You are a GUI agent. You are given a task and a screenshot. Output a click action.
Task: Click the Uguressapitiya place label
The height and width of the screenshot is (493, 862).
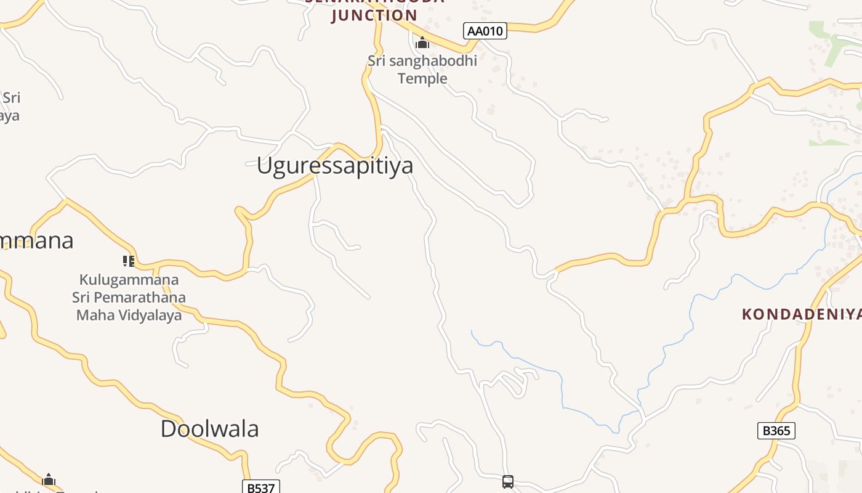coord(334,166)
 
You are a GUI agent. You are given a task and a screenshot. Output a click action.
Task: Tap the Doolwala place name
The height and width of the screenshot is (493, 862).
coord(209,429)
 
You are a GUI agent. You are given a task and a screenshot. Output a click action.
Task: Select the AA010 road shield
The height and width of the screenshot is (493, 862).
coord(485,31)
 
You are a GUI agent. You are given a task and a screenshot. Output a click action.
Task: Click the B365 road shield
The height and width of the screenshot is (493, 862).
coord(776,431)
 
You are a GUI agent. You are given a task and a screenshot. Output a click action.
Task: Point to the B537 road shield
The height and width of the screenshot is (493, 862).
coord(260,487)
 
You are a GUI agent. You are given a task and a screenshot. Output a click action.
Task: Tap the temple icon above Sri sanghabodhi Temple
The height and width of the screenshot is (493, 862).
coord(422,43)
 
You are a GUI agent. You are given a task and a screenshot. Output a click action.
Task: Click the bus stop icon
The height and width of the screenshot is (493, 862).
coord(508,481)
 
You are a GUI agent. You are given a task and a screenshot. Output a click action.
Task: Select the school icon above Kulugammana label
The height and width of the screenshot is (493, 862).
coord(128,261)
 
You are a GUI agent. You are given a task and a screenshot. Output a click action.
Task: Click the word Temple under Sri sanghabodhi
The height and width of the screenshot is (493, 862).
coord(422,78)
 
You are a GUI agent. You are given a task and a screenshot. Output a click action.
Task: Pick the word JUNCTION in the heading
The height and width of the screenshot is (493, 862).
coord(374,15)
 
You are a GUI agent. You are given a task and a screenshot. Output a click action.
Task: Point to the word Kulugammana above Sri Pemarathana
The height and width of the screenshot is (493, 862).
coord(129,280)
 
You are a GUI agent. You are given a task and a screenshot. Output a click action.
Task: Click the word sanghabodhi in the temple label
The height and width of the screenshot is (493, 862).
coord(436,61)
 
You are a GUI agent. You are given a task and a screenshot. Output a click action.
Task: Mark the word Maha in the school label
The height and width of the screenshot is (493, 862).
coord(91,316)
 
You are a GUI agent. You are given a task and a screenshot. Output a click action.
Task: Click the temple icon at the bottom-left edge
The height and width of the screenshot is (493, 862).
coord(49,479)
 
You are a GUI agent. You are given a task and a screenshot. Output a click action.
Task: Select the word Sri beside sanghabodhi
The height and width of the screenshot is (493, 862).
coord(379,61)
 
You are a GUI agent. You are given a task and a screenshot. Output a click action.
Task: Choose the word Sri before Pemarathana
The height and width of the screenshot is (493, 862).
coord(82,298)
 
